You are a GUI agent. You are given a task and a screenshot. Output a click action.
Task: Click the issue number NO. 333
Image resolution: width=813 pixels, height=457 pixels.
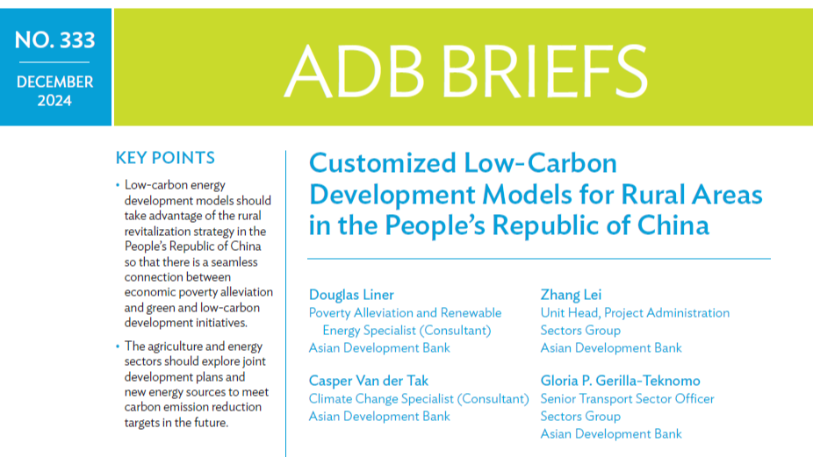(55, 39)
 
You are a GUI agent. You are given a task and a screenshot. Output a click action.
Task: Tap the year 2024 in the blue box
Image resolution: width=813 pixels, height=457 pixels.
(54, 101)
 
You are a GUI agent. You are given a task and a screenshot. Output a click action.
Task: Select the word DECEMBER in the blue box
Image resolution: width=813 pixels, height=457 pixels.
(55, 82)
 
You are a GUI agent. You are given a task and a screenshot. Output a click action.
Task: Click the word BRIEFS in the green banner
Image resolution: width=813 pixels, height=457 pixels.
(543, 71)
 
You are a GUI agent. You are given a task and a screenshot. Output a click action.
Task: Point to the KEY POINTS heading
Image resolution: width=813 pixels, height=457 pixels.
(165, 158)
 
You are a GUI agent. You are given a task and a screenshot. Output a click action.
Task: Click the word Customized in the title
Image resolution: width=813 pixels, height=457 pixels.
(383, 162)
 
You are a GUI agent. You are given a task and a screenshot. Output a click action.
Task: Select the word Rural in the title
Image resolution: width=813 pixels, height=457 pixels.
(656, 195)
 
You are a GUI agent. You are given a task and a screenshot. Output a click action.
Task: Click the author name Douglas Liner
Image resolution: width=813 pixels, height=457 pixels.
(351, 295)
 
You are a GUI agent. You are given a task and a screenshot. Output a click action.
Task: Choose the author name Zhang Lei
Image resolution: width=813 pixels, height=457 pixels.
(571, 295)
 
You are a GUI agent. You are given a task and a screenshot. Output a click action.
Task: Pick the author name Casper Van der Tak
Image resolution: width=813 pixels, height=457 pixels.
(368, 381)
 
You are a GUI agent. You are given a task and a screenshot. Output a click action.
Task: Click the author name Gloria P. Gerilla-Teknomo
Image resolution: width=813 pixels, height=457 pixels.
(620, 381)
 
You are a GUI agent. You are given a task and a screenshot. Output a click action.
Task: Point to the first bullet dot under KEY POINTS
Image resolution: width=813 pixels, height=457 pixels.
(118, 185)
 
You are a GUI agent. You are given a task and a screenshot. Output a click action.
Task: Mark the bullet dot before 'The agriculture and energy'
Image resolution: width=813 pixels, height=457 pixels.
(118, 346)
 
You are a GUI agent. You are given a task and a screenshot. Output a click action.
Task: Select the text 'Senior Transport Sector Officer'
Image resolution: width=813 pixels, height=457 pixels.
(628, 399)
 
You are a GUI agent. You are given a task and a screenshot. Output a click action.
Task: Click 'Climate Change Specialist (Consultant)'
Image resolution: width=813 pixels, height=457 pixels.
(419, 399)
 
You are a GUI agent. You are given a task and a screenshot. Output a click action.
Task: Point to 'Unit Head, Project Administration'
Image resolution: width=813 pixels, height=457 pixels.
(635, 313)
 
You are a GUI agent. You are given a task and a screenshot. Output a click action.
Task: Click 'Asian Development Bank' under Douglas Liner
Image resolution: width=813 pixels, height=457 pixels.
(379, 348)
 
